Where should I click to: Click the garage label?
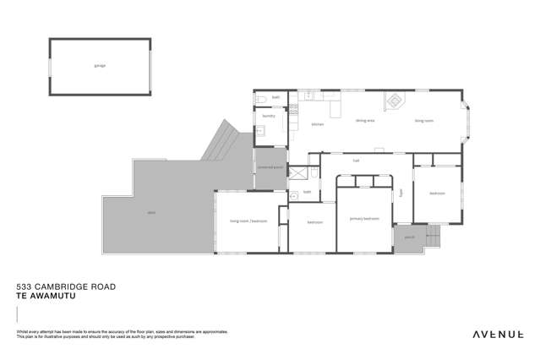click(x=100, y=65)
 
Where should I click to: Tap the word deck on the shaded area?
click(x=150, y=213)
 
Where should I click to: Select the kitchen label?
click(x=318, y=124)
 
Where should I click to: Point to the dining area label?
click(x=365, y=121)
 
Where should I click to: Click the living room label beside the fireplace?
click(x=423, y=121)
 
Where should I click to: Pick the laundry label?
click(x=269, y=116)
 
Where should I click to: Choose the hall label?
click(x=357, y=160)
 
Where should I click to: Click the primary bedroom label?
click(x=364, y=218)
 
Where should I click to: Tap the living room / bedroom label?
click(x=248, y=221)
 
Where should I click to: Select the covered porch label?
click(x=270, y=167)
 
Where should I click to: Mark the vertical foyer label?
click(x=402, y=193)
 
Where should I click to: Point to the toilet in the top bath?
click(x=263, y=101)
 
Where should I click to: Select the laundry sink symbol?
click(x=262, y=131)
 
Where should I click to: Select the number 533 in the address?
click(x=25, y=287)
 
